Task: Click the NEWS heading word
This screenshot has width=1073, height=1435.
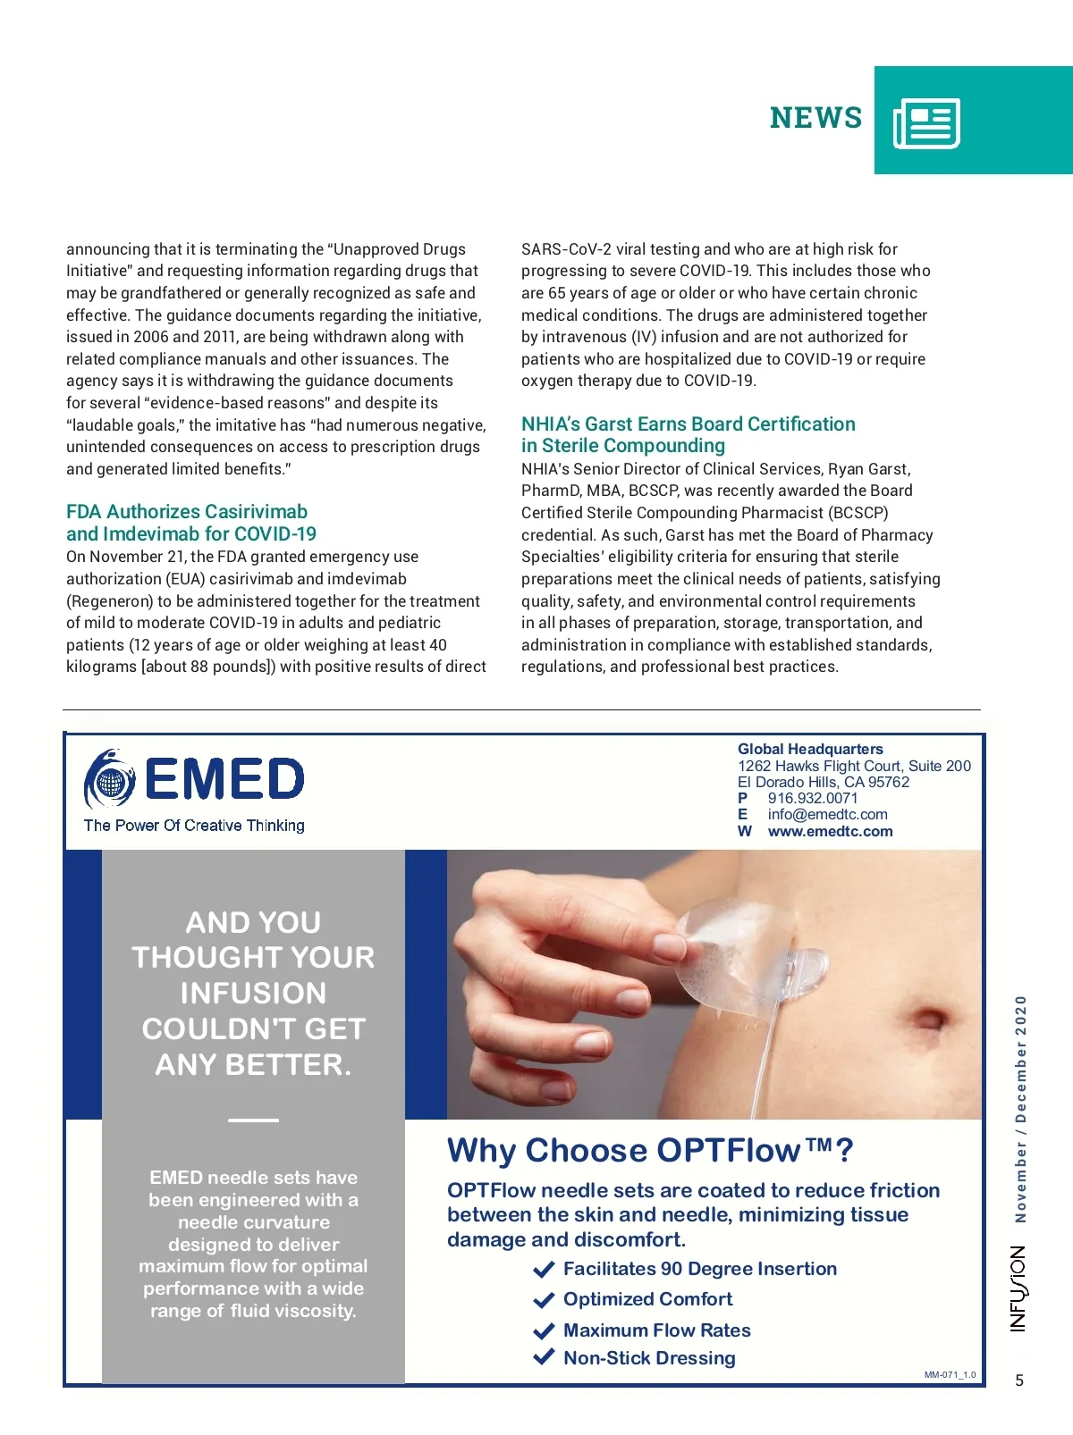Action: pos(815,118)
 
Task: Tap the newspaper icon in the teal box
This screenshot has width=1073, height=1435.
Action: pos(926,122)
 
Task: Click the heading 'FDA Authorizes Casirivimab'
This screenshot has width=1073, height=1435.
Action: pos(187,512)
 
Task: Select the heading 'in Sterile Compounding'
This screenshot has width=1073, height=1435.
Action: pos(623,446)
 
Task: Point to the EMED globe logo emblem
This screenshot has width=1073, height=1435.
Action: pos(110,779)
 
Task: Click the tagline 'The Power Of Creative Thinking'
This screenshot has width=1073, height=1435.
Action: pos(194,826)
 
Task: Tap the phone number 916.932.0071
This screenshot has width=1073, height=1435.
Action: pos(812,799)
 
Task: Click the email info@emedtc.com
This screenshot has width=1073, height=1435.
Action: pos(827,815)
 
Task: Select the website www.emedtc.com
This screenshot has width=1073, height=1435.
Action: pos(830,832)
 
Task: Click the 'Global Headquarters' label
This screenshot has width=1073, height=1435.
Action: pos(810,750)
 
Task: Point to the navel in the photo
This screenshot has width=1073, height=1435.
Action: pos(930,1020)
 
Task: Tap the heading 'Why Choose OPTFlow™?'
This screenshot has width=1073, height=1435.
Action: pos(650,1151)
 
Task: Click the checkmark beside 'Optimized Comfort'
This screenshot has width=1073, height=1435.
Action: pos(544,1300)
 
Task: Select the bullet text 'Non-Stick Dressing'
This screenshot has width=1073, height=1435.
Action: pos(649,1358)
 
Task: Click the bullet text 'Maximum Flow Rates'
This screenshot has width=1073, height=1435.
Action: pos(657,1330)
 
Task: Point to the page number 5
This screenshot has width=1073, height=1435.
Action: pos(1019,1380)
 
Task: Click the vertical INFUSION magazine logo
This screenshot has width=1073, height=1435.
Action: pos(1018,1288)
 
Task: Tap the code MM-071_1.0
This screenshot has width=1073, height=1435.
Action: pos(950,1375)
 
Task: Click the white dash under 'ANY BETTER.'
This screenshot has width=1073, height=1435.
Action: pos(253,1120)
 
